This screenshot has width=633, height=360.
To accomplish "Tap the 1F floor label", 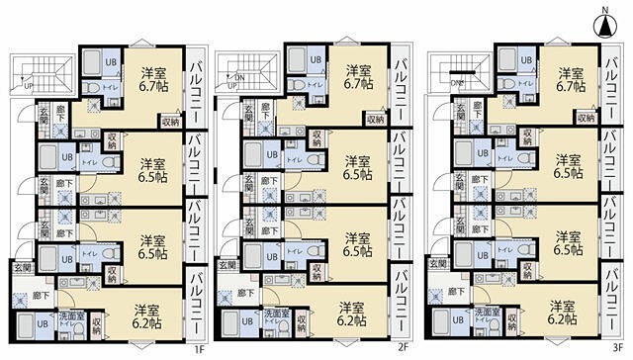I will point(198,348).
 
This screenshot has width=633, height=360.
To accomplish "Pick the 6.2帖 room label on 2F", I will point(351,315).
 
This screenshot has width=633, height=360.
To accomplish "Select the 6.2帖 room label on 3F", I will point(564,314).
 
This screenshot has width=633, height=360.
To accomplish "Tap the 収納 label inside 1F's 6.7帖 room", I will point(169,122).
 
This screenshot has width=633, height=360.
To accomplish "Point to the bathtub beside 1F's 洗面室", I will point(43,321).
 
